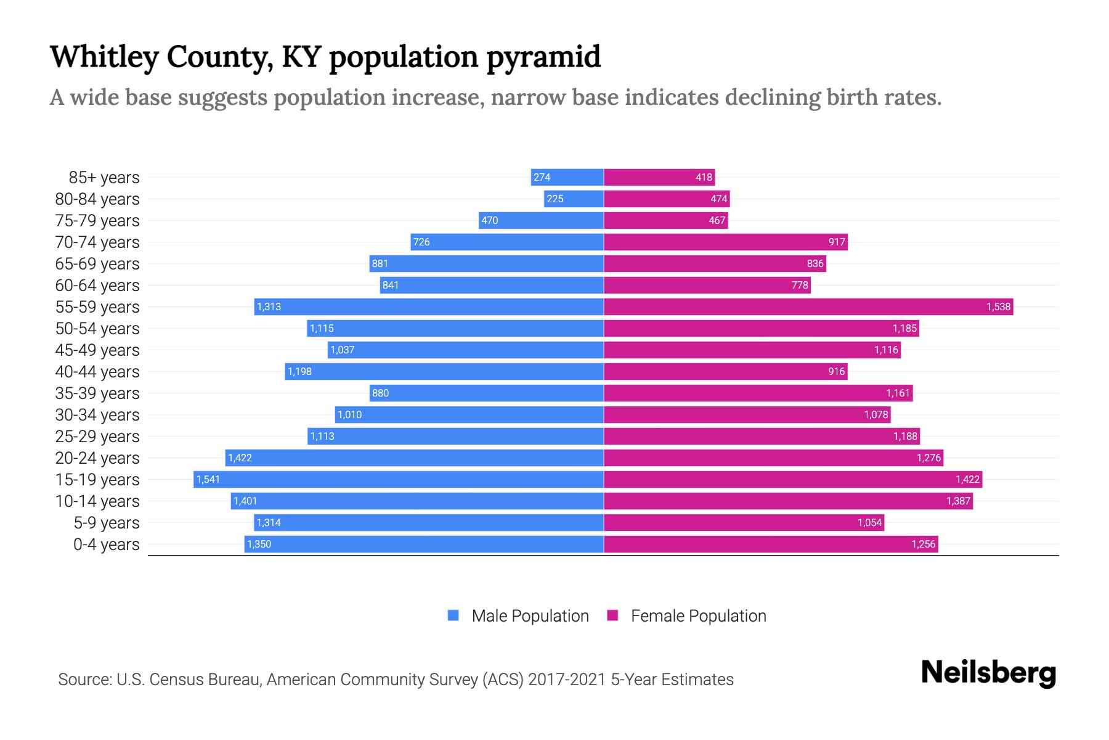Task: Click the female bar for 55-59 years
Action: pyautogui.click(x=808, y=306)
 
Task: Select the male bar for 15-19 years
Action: pyautogui.click(x=398, y=479)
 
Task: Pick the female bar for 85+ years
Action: pyautogui.click(x=659, y=177)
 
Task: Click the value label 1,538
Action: pyautogui.click(x=998, y=306)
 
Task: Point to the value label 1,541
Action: pyautogui.click(x=208, y=479)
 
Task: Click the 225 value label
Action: pyautogui.click(x=555, y=199)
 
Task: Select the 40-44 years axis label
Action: pyautogui.click(x=97, y=371)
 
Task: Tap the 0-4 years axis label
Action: pyautogui.click(x=106, y=544)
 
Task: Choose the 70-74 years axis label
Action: pyautogui.click(x=97, y=242)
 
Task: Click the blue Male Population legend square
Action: pyautogui.click(x=453, y=615)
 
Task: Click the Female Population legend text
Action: pyautogui.click(x=698, y=615)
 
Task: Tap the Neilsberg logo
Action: pyautogui.click(x=988, y=673)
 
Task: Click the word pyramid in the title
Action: pyautogui.click(x=543, y=57)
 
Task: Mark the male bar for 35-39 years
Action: pyautogui.click(x=486, y=393)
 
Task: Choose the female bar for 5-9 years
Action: pyautogui.click(x=744, y=522)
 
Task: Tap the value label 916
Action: pyautogui.click(x=836, y=371)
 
